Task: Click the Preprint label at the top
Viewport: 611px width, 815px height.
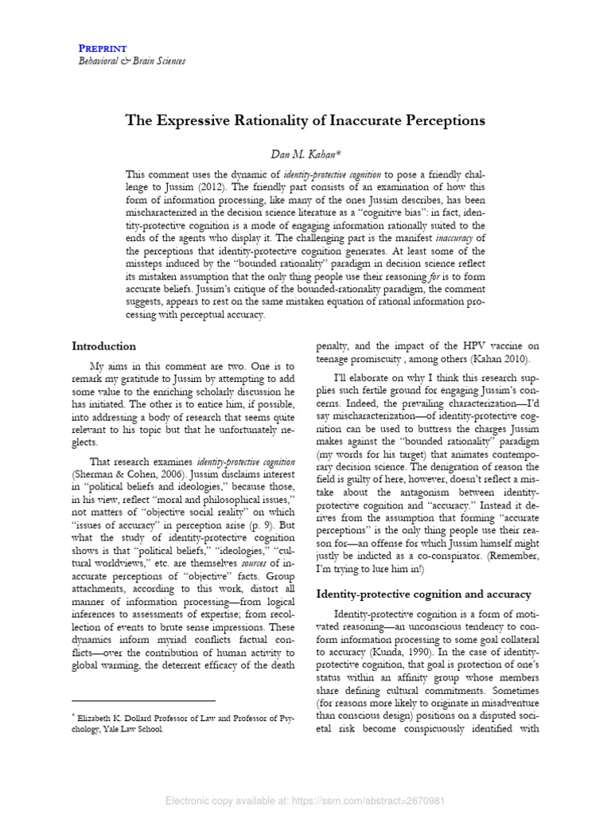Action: pos(103,49)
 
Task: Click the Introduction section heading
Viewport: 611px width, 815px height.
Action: pos(103,346)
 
